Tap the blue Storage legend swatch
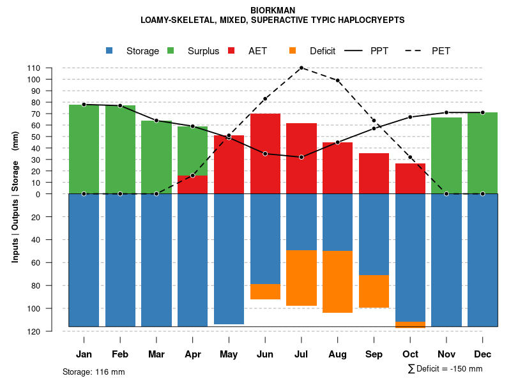pos(109,50)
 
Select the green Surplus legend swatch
pos(171,50)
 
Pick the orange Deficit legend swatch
pos(293,50)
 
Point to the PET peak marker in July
pos(301,68)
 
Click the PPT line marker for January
pos(84,105)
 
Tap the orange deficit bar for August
pos(337,282)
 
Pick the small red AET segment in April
pos(192,184)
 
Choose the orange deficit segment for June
pos(265,292)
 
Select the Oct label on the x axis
pos(410,354)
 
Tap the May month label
pos(229,354)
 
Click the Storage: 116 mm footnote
pos(93,372)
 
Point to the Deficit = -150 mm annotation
pos(445,369)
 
